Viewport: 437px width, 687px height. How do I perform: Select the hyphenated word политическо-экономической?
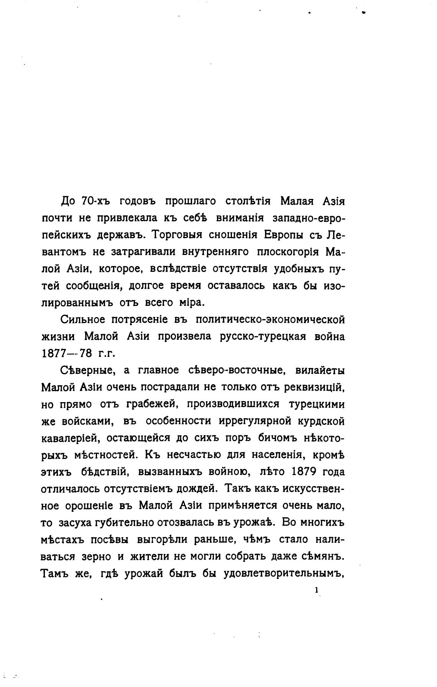coord(270,319)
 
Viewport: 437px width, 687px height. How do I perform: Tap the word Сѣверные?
coord(86,370)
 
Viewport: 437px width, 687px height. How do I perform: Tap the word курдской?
coord(321,421)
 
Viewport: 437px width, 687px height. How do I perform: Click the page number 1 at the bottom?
coord(317,590)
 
